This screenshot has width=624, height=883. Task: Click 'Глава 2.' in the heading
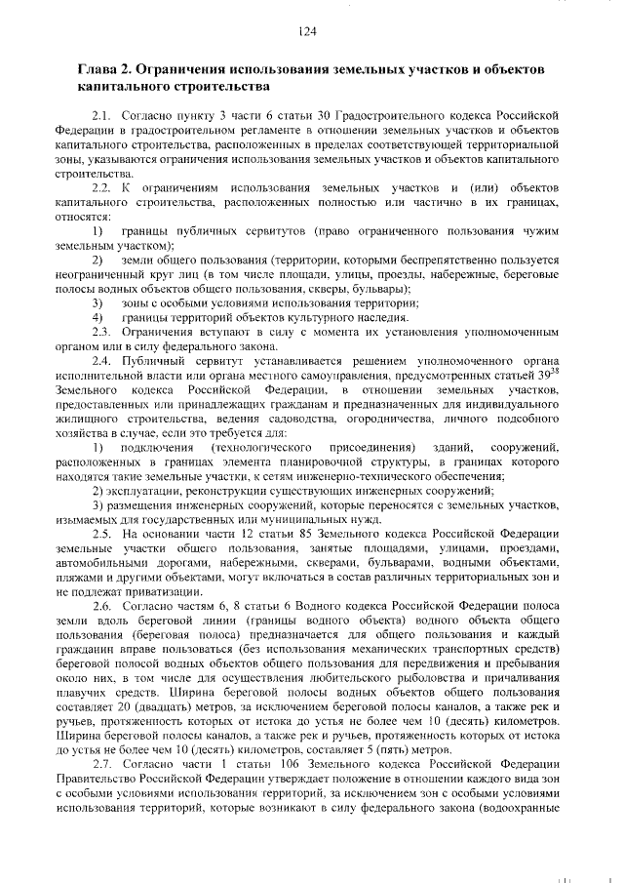105,70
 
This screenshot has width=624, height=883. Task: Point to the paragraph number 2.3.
102,333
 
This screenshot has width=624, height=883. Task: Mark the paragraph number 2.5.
102,535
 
